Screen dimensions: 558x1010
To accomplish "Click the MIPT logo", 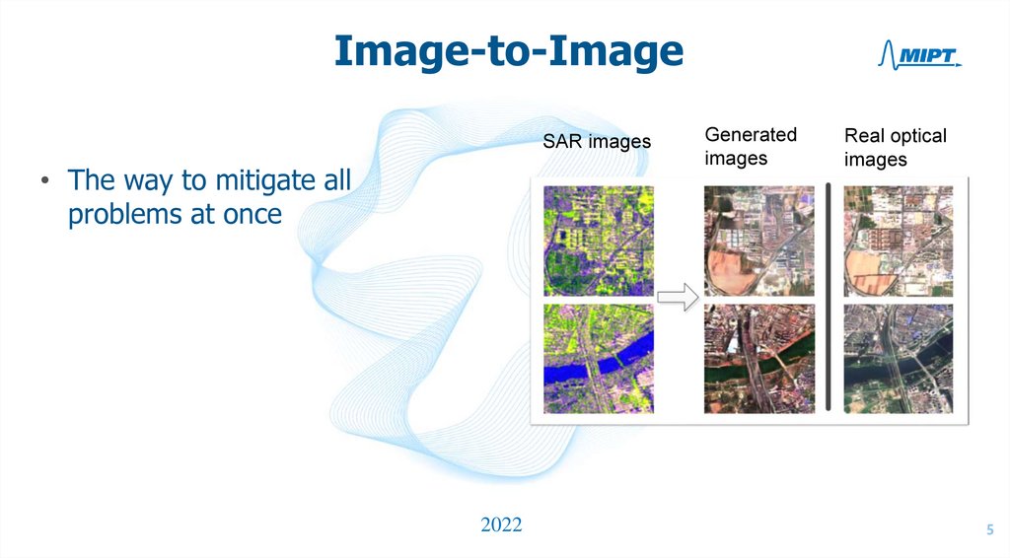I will point(918,57).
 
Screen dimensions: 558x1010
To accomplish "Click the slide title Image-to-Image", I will point(508,51).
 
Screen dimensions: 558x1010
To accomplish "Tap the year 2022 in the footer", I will point(501,524).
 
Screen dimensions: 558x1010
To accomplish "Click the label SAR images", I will point(597,142).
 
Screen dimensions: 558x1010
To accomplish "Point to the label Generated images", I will point(750,146).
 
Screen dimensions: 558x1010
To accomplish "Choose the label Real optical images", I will point(895,147).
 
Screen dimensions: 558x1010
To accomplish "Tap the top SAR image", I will point(598,240).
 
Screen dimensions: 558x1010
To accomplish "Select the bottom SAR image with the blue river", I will point(598,358).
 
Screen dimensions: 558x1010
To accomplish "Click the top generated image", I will point(758,240).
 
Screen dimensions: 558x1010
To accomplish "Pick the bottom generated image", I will point(758,358).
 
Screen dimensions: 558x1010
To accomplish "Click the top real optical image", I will point(899,240).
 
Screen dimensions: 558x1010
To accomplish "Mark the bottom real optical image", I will point(899,358).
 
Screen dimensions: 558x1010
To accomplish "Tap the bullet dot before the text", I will point(45,183).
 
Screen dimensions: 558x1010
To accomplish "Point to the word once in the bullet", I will point(251,215).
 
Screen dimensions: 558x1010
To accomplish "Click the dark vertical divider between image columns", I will point(829,296).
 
